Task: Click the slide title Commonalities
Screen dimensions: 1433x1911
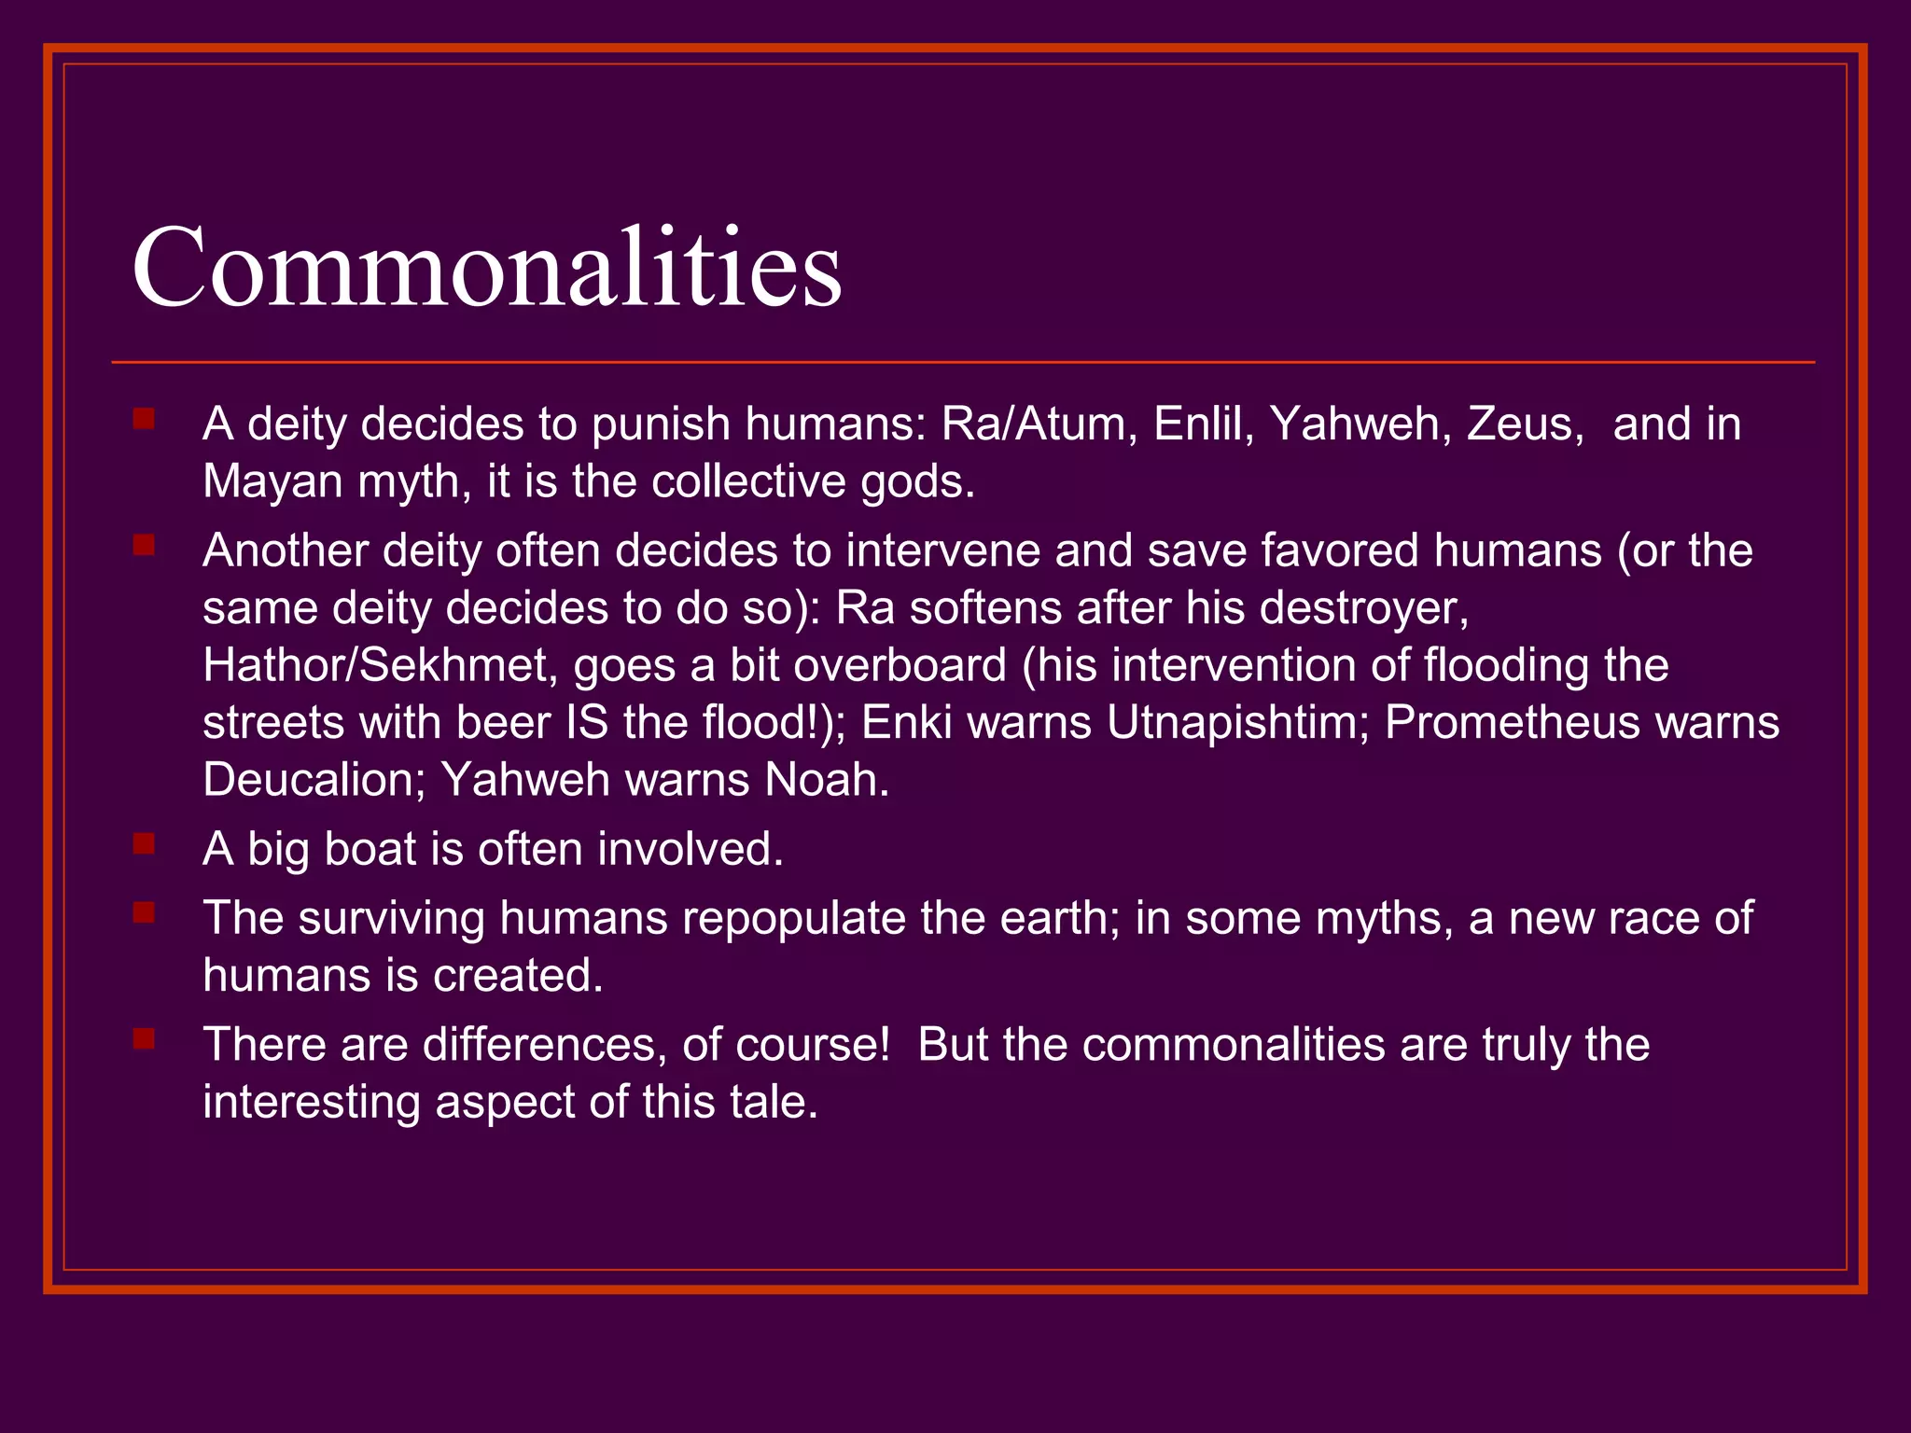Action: pos(487,269)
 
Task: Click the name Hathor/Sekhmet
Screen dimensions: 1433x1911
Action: pos(380,666)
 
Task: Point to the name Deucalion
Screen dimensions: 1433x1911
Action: pos(314,780)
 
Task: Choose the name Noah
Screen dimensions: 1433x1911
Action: pos(826,780)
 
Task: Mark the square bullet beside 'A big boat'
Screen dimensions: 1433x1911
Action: pos(144,844)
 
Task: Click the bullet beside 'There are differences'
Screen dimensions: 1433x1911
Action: pos(144,1039)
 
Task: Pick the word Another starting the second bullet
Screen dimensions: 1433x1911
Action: pos(286,550)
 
